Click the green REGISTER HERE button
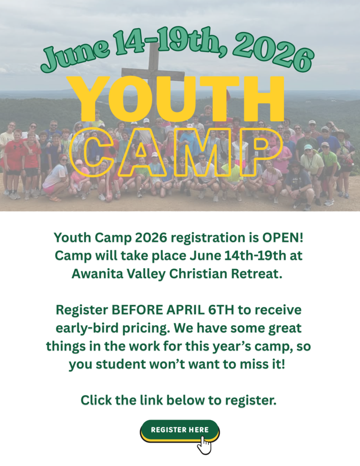coord(180,430)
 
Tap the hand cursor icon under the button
coord(204,445)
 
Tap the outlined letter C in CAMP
coord(93,152)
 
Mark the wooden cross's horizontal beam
coord(153,73)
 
